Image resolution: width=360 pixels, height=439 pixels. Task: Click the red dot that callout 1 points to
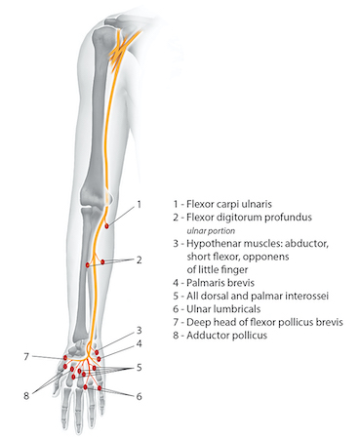coord(107,225)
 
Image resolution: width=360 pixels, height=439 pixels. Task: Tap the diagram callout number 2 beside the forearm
coord(140,260)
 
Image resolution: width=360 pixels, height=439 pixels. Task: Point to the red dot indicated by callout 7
coord(65,360)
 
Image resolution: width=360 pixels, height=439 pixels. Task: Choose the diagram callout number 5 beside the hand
coord(140,369)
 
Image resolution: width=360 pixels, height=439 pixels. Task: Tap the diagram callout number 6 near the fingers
coord(140,396)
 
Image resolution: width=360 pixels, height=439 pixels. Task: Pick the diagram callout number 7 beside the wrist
coord(26,357)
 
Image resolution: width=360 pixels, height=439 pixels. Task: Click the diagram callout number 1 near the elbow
coord(140,204)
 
